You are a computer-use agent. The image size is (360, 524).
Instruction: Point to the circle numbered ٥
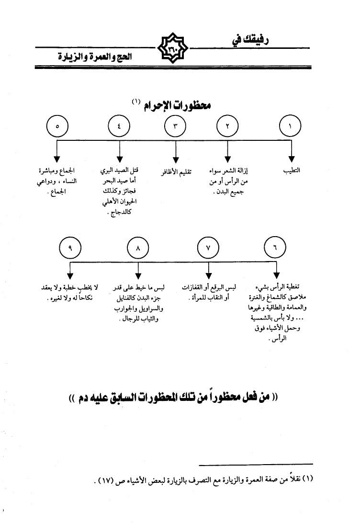[x=57, y=127]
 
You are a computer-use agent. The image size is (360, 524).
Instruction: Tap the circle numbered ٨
[x=138, y=249]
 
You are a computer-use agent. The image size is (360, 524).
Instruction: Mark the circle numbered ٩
[x=70, y=249]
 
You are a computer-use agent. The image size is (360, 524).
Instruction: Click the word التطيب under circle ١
[x=292, y=171]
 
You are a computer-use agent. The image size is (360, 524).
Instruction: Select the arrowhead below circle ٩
[x=70, y=276]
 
